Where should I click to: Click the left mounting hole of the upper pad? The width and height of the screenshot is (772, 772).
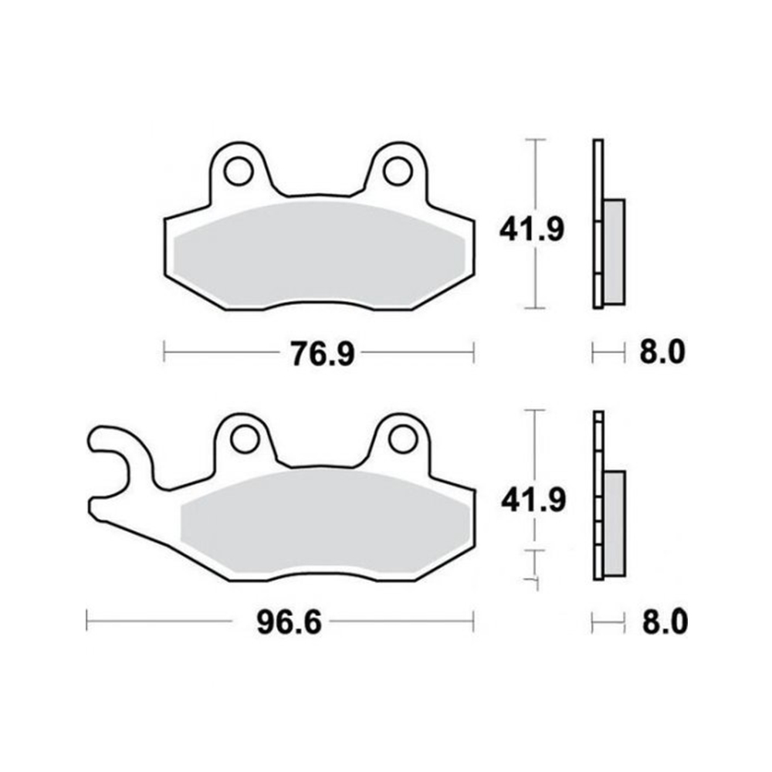pos(239,170)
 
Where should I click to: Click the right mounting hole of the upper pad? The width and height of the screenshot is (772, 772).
pos(398,170)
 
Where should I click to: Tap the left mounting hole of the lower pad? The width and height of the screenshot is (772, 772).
pos(245,439)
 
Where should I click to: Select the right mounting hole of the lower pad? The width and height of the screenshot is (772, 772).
pos(401,439)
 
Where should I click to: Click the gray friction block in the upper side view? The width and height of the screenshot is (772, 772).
pos(615,252)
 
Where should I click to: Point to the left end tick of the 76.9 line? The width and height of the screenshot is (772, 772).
pos(164,354)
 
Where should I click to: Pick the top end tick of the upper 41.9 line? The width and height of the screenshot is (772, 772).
pos(535,140)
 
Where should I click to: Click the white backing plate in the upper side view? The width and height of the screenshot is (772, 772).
pos(598,224)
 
